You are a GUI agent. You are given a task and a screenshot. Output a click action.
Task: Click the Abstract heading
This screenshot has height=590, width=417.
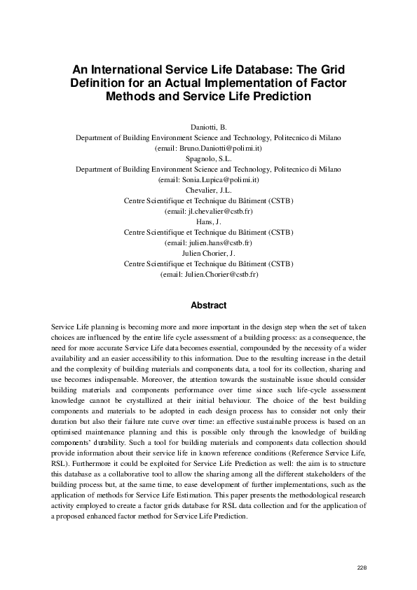[209, 306]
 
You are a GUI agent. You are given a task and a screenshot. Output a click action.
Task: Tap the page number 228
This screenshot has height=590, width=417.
[362, 567]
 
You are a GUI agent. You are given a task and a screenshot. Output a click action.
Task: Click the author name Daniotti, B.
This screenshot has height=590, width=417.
[208, 128]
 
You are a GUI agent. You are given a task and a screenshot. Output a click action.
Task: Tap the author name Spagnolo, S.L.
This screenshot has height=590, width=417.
[208, 159]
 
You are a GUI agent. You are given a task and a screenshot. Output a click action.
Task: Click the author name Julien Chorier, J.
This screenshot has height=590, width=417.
[208, 253]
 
